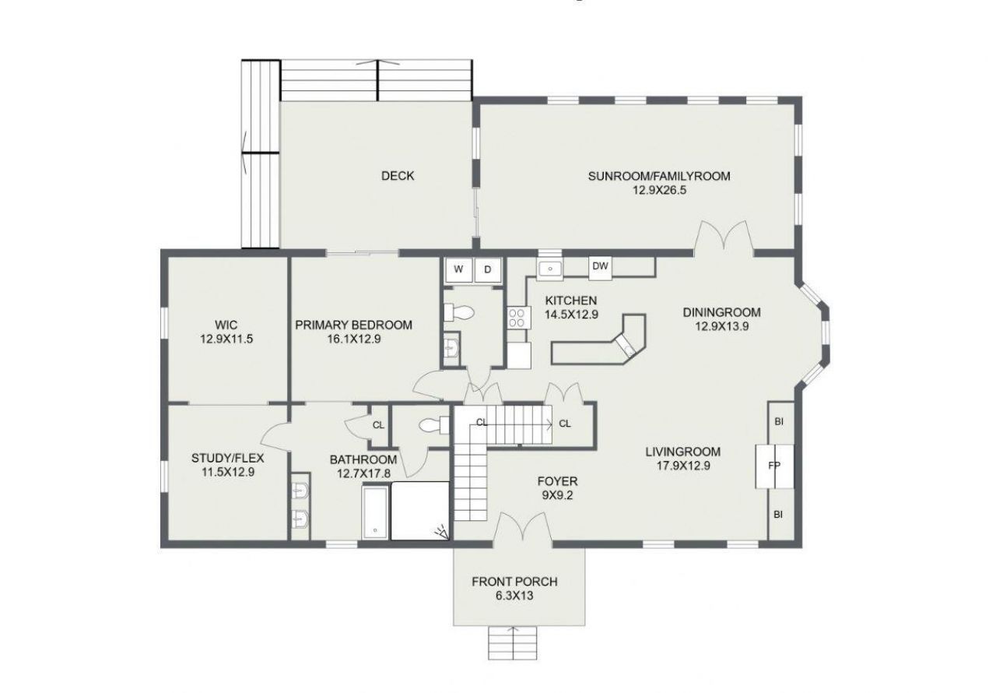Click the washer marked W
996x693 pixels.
458,269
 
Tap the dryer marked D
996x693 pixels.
488,269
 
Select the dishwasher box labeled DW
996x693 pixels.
600,266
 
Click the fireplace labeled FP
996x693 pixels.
774,466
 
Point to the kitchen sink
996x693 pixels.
550,269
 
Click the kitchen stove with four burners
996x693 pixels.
517,317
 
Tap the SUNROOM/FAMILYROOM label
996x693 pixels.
659,176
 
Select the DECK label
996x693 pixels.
398,176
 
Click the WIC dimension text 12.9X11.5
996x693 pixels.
226,339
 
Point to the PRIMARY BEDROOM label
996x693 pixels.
354,325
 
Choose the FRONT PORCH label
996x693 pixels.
514,582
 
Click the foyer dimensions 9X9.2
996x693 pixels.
557,495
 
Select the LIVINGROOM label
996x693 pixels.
682,451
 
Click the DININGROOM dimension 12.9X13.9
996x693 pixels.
722,327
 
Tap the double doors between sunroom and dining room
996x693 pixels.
724,238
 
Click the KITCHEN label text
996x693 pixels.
570,301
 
